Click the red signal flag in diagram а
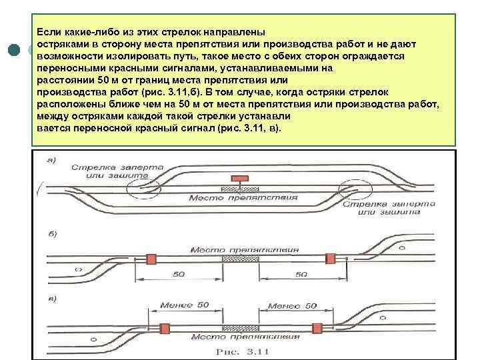(x=237, y=178)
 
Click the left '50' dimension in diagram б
(x=179, y=274)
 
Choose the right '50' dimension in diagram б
(x=301, y=274)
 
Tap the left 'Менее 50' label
(x=184, y=305)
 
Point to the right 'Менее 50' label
(x=291, y=305)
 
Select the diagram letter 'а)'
(x=51, y=159)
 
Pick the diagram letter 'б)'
(x=51, y=235)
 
